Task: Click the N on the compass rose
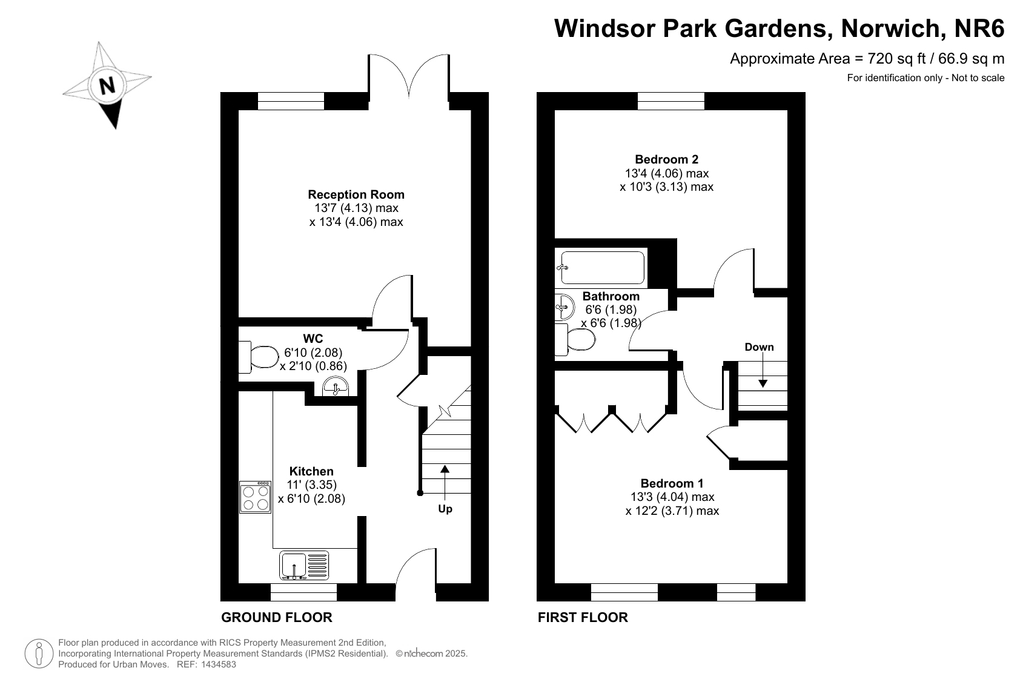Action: [x=107, y=85]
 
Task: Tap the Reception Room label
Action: [x=356, y=194]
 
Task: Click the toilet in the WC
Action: [x=259, y=357]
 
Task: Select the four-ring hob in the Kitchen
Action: [x=256, y=497]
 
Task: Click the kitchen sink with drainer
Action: [x=304, y=566]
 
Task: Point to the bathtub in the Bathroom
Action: [x=602, y=268]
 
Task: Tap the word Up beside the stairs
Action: [x=445, y=508]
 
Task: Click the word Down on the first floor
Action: [x=759, y=347]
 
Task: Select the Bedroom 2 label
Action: [x=667, y=159]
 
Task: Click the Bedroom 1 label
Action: [x=672, y=483]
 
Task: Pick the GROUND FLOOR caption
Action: [x=277, y=618]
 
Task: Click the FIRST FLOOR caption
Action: [x=583, y=618]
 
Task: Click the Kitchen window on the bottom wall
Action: [x=303, y=592]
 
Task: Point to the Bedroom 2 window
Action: [x=671, y=101]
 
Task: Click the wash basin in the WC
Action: [x=336, y=386]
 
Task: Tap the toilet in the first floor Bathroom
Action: [x=575, y=340]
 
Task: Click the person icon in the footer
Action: [x=39, y=654]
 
